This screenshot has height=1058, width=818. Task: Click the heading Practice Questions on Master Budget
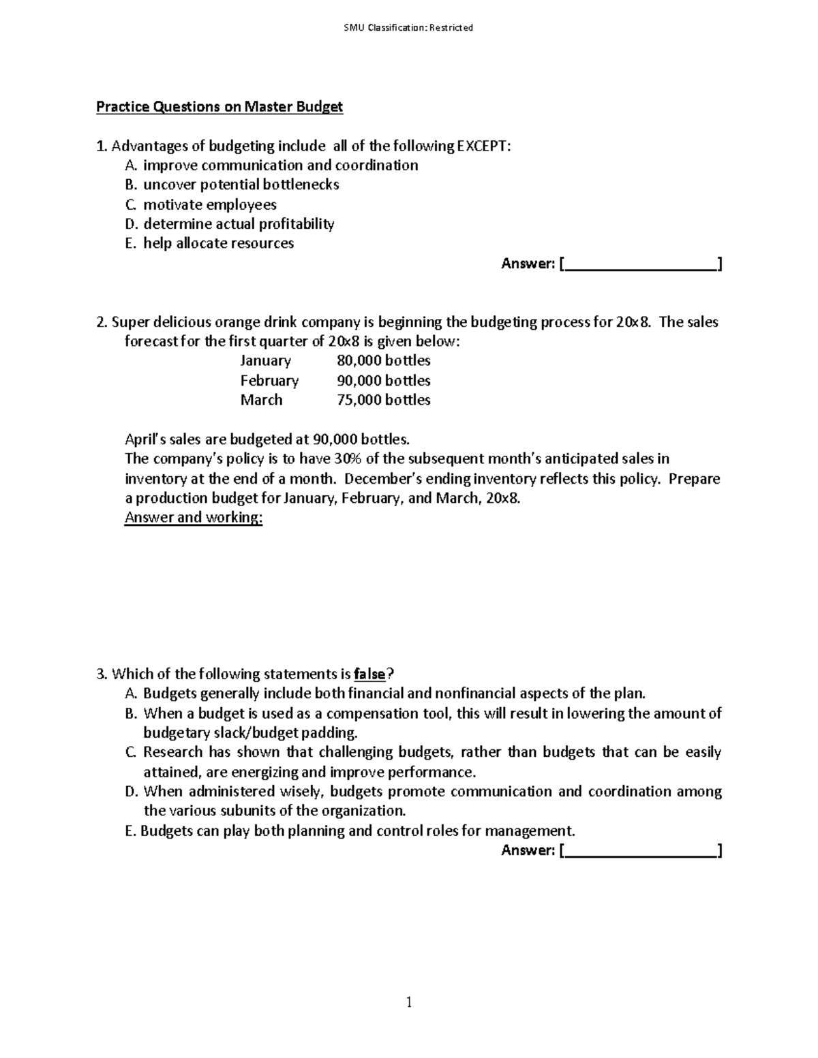[x=219, y=107]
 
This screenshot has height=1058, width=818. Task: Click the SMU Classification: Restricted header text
[x=408, y=28]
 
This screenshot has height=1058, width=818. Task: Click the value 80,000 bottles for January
[x=383, y=360]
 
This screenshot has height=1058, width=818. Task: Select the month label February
[x=269, y=380]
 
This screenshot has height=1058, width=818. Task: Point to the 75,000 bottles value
[x=383, y=400]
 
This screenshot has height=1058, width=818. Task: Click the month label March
[x=261, y=400]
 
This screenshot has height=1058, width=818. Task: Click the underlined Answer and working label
[x=194, y=518]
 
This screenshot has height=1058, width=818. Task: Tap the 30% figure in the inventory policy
[x=347, y=458]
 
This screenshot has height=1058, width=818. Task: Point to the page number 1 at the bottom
[x=409, y=1002]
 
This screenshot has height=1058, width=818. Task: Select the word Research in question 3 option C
[x=173, y=753]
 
